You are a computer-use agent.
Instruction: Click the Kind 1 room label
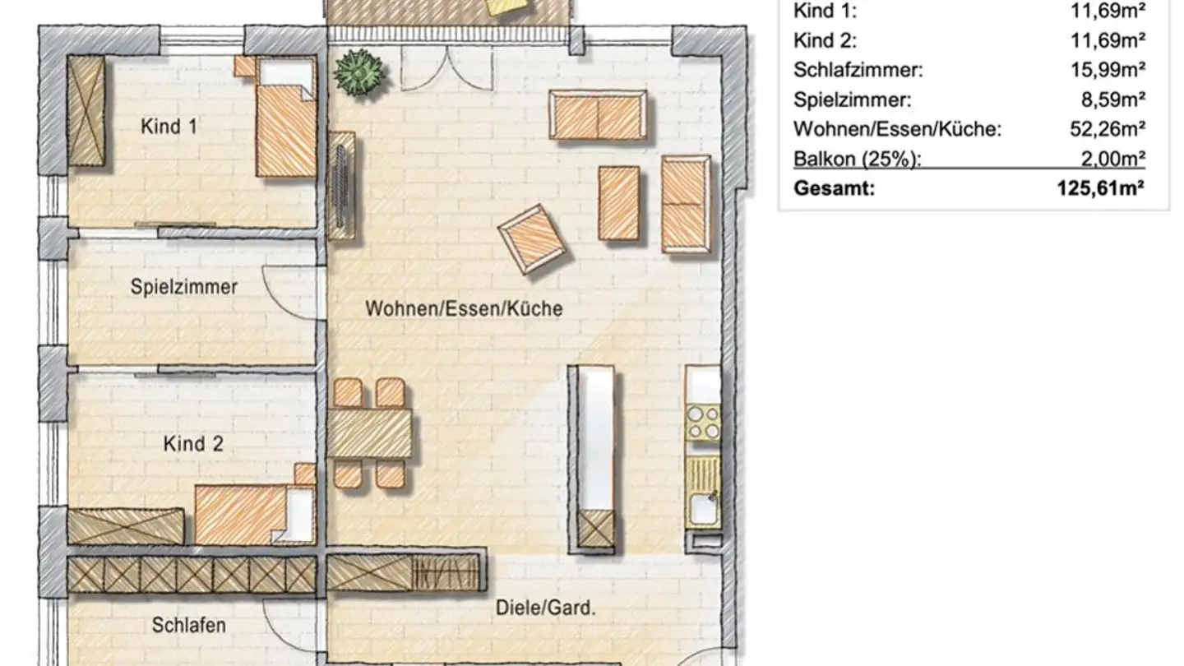(169, 127)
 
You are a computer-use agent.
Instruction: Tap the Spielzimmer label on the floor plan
(184, 287)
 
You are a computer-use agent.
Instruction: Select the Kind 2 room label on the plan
(193, 444)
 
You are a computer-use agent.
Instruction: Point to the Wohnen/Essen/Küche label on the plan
(464, 309)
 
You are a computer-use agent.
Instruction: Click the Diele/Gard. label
(545, 608)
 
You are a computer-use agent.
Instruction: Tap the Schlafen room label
(188, 625)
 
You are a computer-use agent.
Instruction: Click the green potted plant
(359, 72)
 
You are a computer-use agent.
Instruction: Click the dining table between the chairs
(370, 433)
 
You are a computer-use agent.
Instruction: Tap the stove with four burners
(703, 421)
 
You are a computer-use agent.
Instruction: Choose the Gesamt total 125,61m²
(1101, 188)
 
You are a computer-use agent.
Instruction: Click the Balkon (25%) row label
(857, 159)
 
